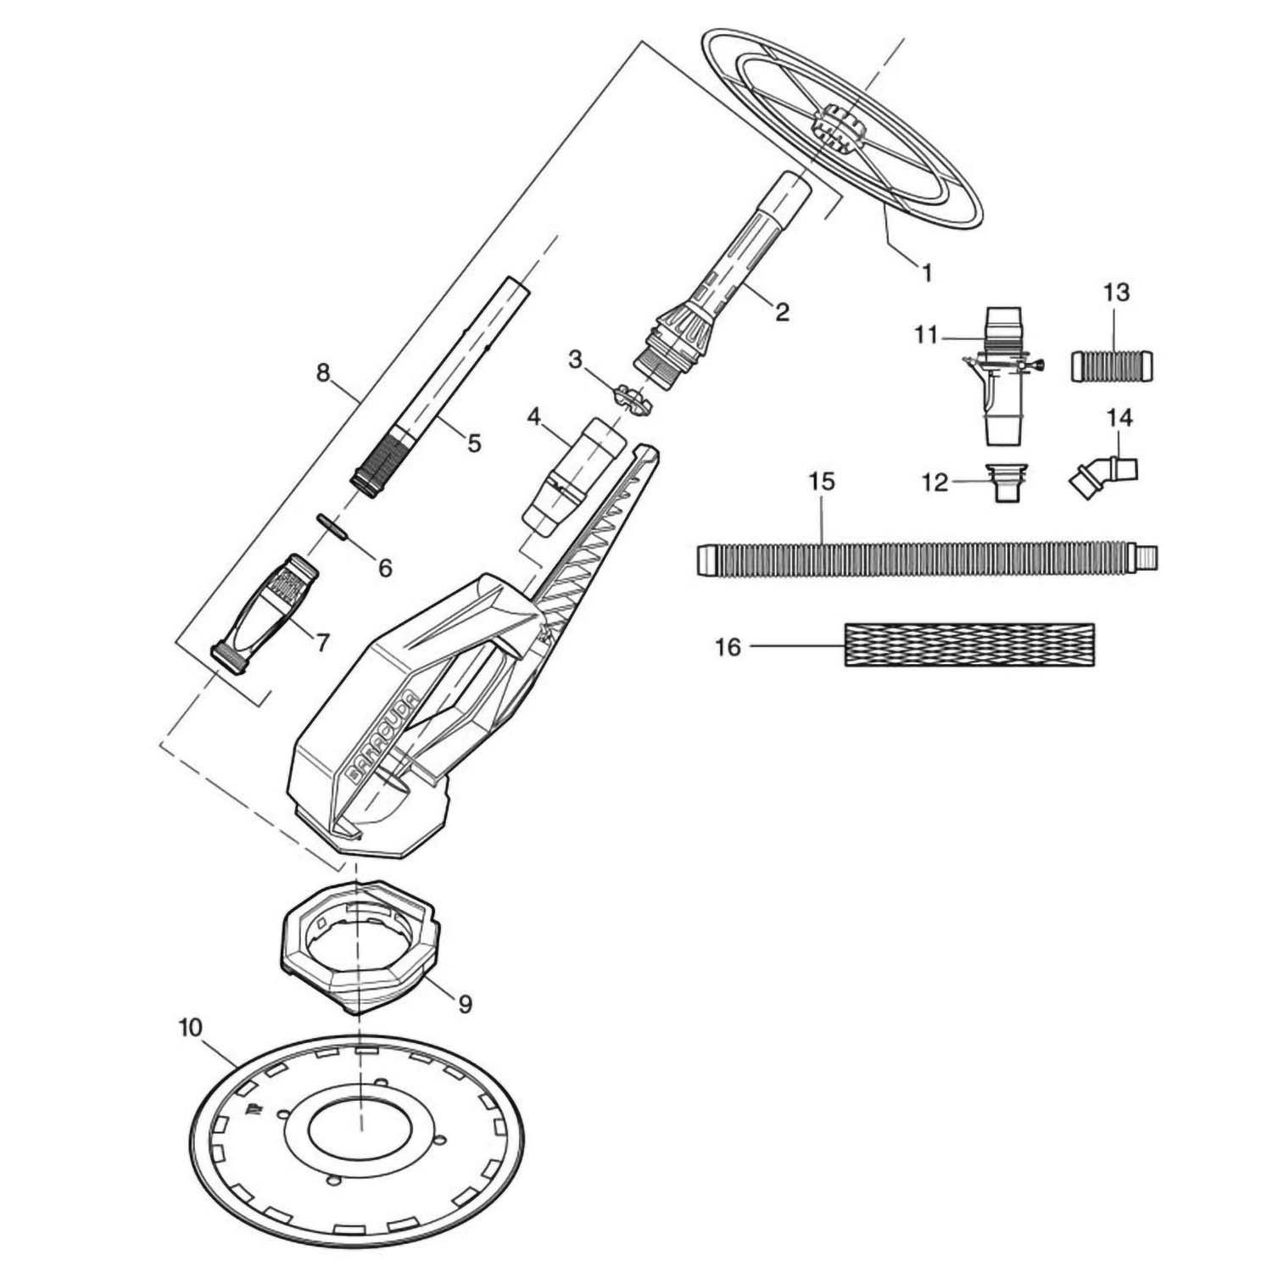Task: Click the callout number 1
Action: point(926,272)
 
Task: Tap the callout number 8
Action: point(323,374)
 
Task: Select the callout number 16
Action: point(728,648)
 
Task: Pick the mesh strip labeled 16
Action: point(969,644)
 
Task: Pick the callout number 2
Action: point(781,311)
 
